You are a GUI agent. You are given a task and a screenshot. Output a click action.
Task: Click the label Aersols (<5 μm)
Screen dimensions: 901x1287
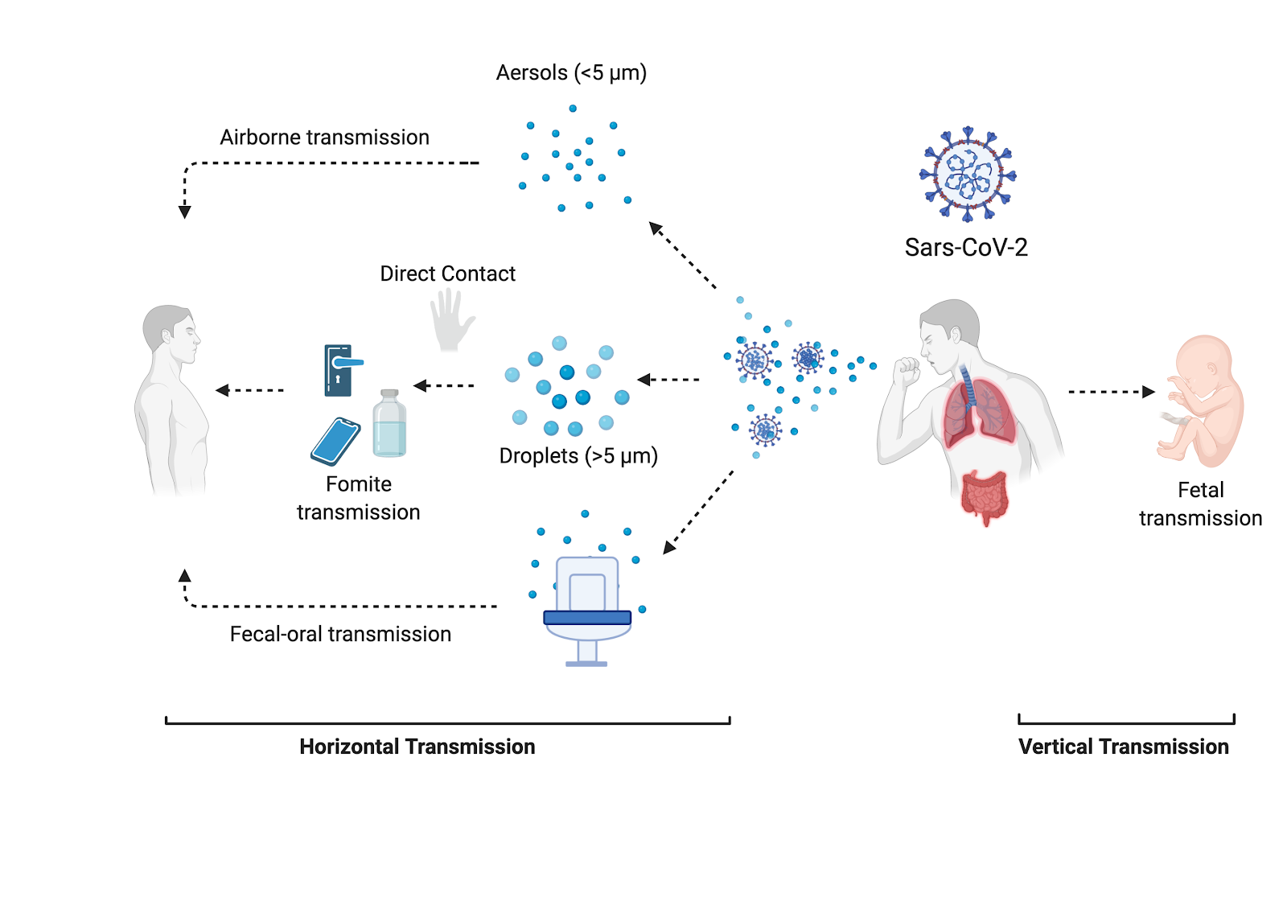571,73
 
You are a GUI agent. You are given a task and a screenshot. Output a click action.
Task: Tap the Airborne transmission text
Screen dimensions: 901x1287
324,138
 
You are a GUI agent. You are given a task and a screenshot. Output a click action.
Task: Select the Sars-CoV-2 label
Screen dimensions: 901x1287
966,248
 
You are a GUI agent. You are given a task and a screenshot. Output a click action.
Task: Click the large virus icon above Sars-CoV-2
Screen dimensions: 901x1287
968,174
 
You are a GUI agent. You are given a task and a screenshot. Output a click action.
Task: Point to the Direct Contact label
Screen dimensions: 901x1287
447,274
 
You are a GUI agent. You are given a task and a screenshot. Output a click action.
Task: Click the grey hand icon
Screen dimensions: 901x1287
451,320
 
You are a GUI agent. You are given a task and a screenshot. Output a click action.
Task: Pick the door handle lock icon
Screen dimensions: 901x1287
340,370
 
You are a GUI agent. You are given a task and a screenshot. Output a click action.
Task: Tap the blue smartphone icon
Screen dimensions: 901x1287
335,441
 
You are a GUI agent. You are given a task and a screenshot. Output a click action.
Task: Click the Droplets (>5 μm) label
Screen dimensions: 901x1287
578,456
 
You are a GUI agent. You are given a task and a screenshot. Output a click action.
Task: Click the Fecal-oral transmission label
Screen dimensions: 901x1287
340,635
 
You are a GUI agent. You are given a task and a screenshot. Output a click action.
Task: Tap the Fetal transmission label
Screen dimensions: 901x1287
1200,504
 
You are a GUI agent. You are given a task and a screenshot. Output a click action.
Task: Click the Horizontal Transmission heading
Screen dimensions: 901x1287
417,747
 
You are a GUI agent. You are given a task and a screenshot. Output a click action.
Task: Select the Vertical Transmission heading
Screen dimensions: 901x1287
1123,747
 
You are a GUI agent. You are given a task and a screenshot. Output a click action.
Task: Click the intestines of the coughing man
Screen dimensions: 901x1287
985,495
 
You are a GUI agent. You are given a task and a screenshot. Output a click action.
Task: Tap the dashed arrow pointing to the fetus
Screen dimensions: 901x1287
1111,393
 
